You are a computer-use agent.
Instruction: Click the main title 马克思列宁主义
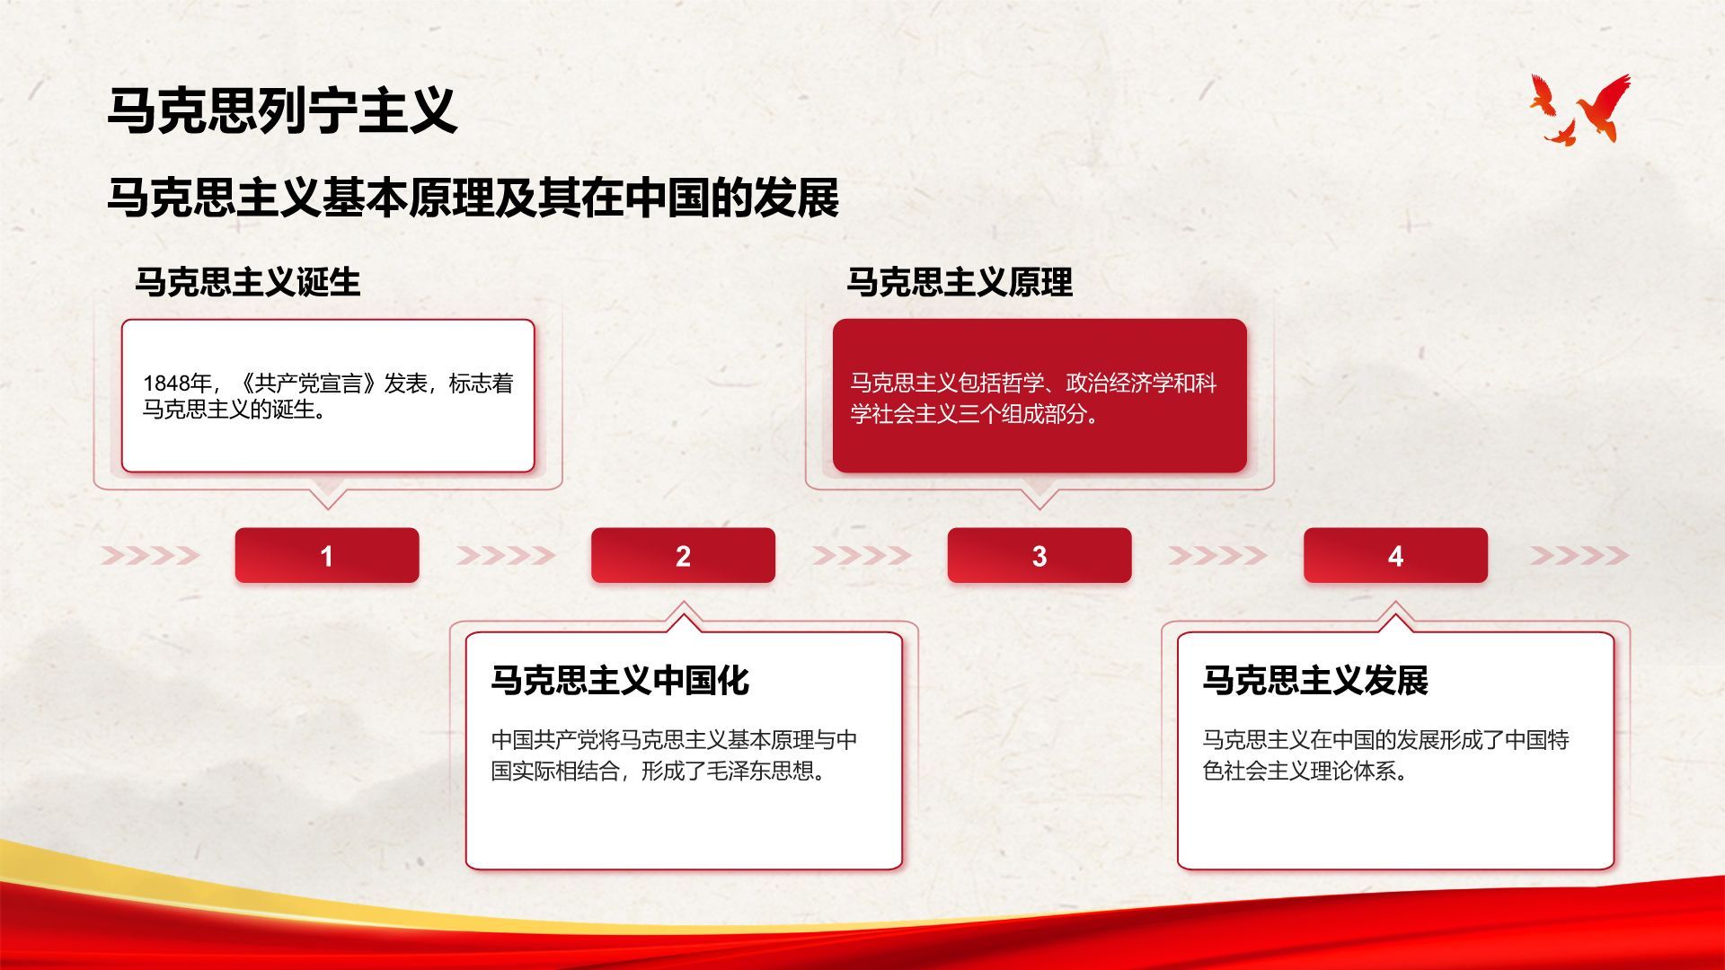click(x=282, y=111)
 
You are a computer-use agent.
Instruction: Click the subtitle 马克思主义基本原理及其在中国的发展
click(x=473, y=198)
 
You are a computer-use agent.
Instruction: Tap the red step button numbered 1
click(x=327, y=555)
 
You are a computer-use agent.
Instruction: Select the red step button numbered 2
click(x=683, y=555)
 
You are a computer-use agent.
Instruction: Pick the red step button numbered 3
click(x=1039, y=555)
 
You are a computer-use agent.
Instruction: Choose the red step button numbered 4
click(x=1395, y=555)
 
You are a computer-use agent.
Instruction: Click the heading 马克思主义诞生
click(x=248, y=282)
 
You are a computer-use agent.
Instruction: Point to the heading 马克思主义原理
click(x=960, y=282)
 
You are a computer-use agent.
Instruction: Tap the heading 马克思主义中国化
click(x=620, y=680)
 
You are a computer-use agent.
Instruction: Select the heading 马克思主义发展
click(x=1315, y=680)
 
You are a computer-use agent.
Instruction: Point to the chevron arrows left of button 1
click(x=150, y=555)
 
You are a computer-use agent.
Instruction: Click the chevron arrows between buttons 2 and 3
click(x=862, y=555)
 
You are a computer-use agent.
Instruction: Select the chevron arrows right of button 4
click(x=1579, y=555)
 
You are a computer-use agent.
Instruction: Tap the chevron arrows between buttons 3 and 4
click(x=1217, y=555)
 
